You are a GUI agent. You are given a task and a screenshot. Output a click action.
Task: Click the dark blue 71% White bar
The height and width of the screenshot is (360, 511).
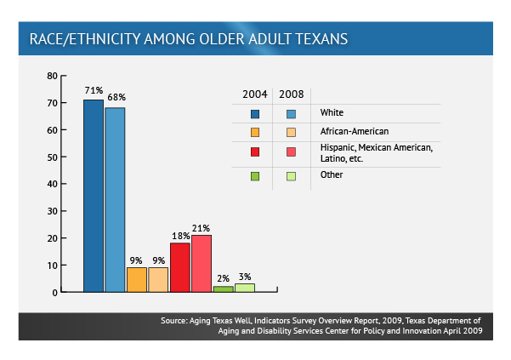pos(94,196)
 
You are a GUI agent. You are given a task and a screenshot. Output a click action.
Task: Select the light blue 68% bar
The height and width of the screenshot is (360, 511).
pos(115,199)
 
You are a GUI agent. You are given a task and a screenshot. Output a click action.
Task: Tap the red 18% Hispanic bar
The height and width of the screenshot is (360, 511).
pos(180,267)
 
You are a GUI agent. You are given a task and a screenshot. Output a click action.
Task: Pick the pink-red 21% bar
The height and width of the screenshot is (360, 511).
pos(202,264)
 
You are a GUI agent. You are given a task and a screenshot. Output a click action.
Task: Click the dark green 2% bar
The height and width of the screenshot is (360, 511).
pos(224,289)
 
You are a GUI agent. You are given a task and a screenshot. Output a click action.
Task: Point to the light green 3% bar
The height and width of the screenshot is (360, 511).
pos(245,288)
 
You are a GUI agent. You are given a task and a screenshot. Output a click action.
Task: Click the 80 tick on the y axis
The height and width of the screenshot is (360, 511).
pos(52,76)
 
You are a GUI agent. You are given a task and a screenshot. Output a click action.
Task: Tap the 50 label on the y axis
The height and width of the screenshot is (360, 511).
pos(52,157)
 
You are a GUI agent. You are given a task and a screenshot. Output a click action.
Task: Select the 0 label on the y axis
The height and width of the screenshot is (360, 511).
pos(54,293)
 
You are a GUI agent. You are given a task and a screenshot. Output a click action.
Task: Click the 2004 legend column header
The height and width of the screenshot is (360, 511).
pos(255,94)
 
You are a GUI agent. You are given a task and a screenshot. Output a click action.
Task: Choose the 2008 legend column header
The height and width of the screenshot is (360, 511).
pos(292,94)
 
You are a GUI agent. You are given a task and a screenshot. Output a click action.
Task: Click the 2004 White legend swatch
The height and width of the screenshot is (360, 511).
pos(255,114)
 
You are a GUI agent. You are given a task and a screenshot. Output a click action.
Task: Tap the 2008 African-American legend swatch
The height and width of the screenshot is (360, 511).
pos(292,132)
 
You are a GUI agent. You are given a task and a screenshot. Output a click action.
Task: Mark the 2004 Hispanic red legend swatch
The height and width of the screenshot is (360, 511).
pos(255,152)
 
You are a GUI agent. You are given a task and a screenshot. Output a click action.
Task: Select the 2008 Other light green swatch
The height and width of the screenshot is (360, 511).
pos(292,176)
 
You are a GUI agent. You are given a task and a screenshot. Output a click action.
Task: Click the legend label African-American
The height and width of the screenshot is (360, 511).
pos(355,131)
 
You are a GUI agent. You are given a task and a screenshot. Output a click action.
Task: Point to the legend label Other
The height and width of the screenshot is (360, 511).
pos(332,174)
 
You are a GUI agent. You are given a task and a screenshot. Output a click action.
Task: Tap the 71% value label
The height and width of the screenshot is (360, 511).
pos(94,90)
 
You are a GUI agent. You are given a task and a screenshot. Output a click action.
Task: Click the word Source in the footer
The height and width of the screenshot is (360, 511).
pos(174,321)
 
